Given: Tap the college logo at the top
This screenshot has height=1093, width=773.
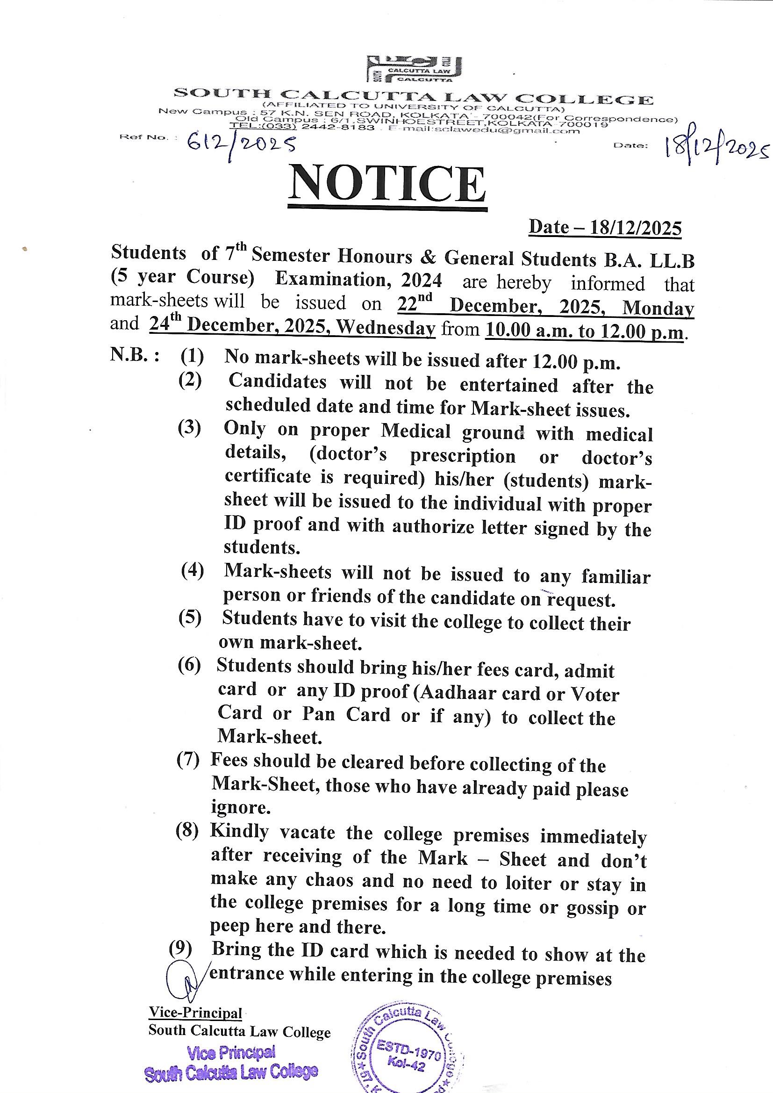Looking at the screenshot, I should (x=414, y=70).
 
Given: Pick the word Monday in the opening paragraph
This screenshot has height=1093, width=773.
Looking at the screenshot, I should (x=658, y=308).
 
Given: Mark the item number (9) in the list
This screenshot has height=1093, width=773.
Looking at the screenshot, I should (x=181, y=948).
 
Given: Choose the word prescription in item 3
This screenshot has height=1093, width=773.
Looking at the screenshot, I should (x=462, y=457).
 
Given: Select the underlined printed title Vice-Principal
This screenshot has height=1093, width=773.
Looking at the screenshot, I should (x=196, y=1013).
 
